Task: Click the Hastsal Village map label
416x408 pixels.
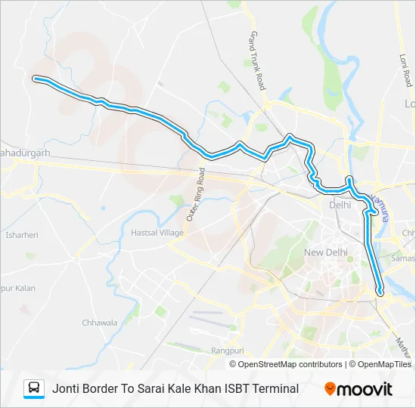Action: tap(157, 233)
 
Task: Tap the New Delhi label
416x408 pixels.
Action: tap(324, 252)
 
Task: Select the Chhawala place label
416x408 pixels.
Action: tap(100, 323)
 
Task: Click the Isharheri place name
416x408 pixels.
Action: tap(21, 235)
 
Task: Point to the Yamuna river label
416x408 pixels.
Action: tap(380, 206)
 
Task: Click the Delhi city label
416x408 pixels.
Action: tap(340, 205)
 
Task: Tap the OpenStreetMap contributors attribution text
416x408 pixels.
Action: tap(288, 364)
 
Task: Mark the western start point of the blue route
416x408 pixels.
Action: tap(35, 77)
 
